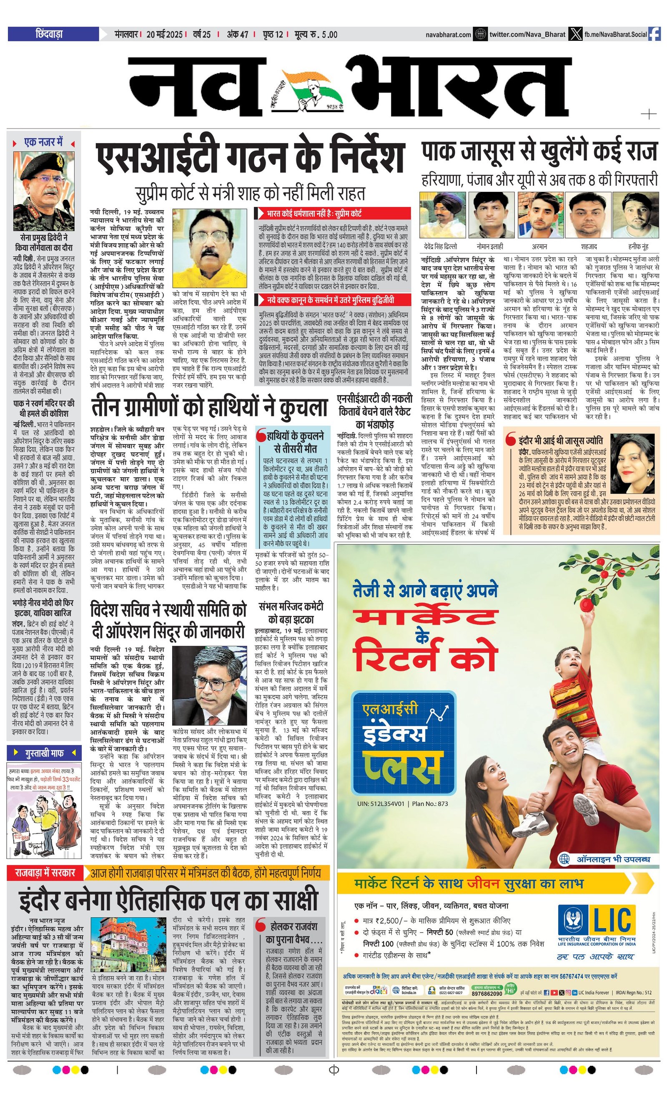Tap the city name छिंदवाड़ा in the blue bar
(49, 34)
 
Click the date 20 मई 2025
(164, 35)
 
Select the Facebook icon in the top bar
(654, 34)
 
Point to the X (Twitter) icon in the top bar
(574, 34)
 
